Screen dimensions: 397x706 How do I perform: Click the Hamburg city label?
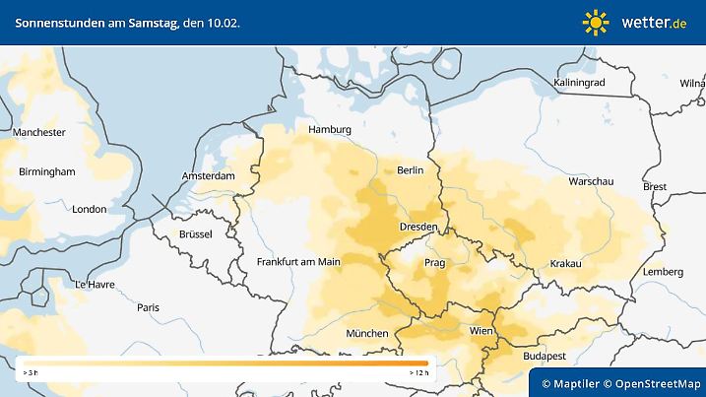(x=330, y=130)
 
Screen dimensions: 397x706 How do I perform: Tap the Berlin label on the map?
(x=410, y=170)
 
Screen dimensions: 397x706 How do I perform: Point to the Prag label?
(x=434, y=263)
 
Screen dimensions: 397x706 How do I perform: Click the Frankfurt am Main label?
(x=297, y=262)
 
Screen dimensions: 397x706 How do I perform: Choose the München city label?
(x=366, y=334)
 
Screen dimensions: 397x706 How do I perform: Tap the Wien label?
(x=481, y=331)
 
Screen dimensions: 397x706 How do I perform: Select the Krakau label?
(x=566, y=264)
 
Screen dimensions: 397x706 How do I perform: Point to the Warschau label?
(x=591, y=182)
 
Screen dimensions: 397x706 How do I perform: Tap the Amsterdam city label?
(x=208, y=176)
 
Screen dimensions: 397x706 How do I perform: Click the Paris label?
(x=148, y=307)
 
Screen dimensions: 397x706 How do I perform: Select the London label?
(x=89, y=209)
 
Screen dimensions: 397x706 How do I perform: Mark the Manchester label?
(x=39, y=132)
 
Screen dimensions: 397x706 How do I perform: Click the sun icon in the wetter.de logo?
(x=596, y=21)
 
